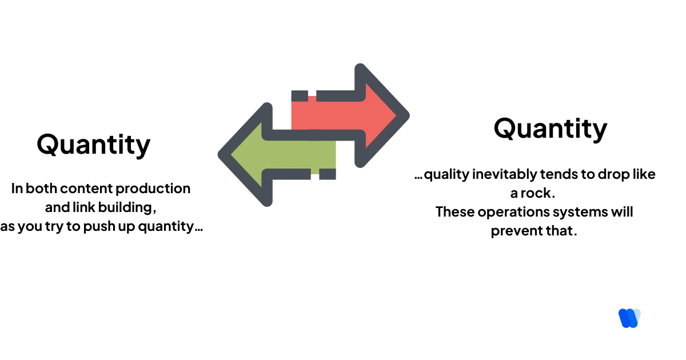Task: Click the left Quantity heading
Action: pyautogui.click(x=94, y=145)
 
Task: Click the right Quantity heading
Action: pyautogui.click(x=550, y=129)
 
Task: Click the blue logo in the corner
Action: pyautogui.click(x=629, y=318)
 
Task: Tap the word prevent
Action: pyautogui.click(x=513, y=232)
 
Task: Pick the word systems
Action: pyautogui.click(x=577, y=212)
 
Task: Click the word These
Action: pyautogui.click(x=455, y=212)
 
